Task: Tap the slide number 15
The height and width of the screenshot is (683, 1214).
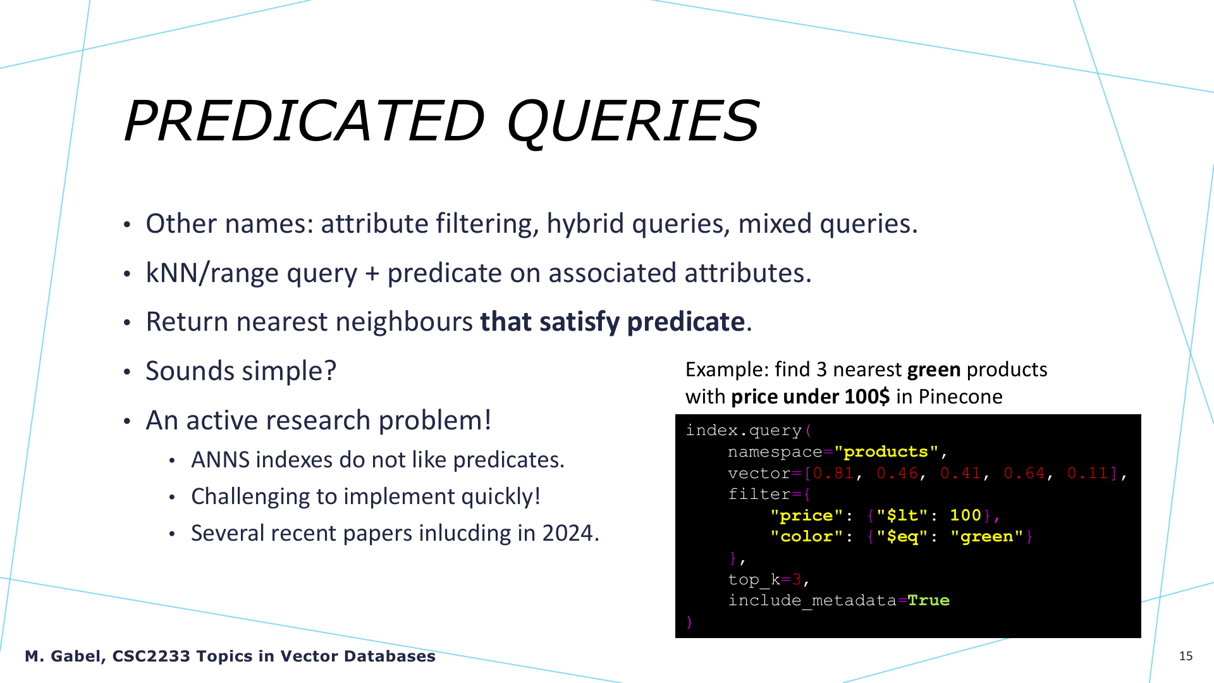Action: point(1186,656)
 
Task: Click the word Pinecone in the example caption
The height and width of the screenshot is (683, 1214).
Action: point(960,397)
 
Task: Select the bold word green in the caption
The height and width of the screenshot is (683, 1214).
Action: point(934,371)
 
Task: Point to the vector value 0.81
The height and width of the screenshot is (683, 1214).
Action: point(833,473)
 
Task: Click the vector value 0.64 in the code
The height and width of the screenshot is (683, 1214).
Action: point(1024,473)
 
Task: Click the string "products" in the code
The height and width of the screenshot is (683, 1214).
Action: point(886,452)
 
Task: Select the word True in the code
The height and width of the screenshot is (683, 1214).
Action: point(928,600)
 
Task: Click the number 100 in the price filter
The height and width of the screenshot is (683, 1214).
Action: point(966,515)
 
